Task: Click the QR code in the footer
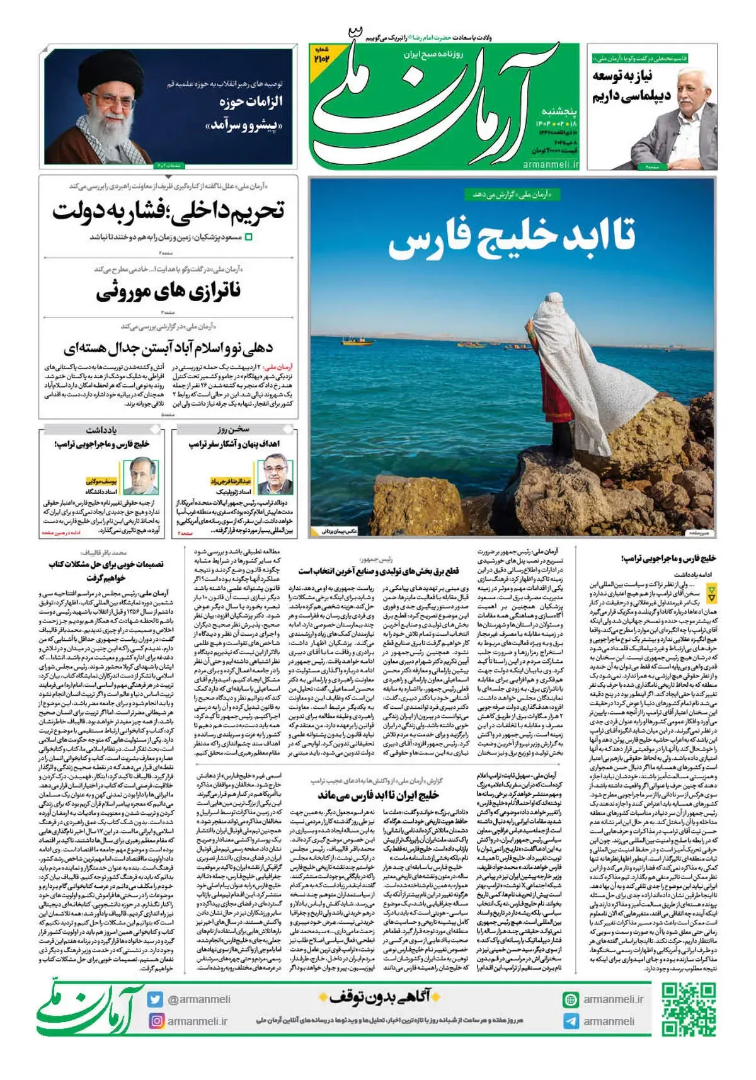coord(689,1009)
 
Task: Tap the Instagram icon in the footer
coord(156,1021)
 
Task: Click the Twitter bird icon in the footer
coord(156,999)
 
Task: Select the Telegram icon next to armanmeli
coord(571,1021)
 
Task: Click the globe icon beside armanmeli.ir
coord(571,999)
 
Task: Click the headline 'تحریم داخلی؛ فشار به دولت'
coord(168,210)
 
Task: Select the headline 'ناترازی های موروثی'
coord(168,292)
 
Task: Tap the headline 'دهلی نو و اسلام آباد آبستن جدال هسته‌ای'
coord(168,347)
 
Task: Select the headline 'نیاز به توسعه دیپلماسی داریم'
coord(630,86)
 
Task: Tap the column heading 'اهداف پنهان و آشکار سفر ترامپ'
coord(234,444)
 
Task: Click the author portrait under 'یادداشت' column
coord(140,477)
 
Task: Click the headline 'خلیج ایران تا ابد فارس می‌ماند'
coord(378,795)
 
